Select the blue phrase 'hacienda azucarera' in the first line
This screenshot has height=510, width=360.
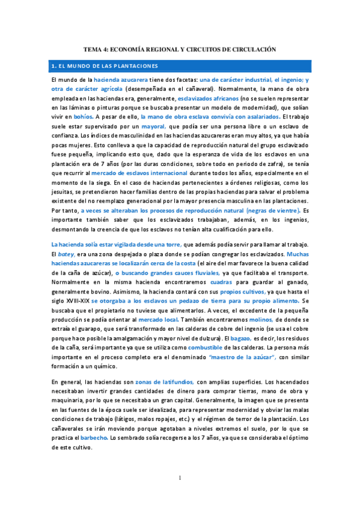click(x=121, y=79)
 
